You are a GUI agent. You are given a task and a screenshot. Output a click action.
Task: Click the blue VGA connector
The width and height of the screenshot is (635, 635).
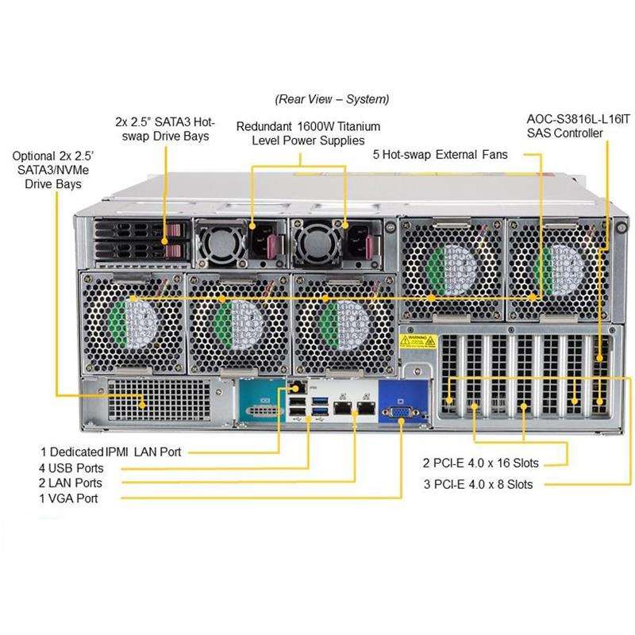pos(399,413)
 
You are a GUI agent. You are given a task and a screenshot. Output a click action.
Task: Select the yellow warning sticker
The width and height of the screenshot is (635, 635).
pos(418,341)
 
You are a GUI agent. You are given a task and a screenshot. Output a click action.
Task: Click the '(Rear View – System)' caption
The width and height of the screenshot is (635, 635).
pos(332,99)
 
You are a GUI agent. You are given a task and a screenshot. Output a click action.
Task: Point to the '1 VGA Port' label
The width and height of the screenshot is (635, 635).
pos(68,498)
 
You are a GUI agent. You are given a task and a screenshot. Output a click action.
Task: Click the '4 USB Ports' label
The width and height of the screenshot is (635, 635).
pos(71,468)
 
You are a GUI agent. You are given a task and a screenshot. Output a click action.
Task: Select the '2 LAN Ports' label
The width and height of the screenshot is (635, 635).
pos(71,483)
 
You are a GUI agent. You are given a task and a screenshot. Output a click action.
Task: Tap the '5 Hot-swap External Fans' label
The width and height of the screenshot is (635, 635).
pos(441,155)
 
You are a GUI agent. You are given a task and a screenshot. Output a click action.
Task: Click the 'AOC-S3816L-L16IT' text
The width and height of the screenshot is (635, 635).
pos(579,119)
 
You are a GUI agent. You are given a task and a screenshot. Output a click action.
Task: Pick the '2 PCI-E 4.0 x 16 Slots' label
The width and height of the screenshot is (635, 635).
pos(481,463)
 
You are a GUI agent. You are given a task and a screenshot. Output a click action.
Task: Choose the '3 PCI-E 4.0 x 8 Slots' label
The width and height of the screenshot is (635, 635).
pos(479,484)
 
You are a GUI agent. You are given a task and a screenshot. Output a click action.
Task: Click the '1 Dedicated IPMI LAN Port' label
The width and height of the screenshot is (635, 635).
pos(110,452)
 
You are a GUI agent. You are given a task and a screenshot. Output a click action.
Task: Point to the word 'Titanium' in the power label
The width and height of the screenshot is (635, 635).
pos(359,126)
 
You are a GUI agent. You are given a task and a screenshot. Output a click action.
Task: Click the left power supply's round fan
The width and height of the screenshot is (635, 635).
pos(221,244)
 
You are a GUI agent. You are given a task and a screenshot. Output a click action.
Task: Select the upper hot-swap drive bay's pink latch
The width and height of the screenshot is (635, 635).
pos(174,230)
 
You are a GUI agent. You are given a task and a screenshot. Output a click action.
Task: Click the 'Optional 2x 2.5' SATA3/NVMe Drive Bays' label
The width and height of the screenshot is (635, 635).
pos(52,170)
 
